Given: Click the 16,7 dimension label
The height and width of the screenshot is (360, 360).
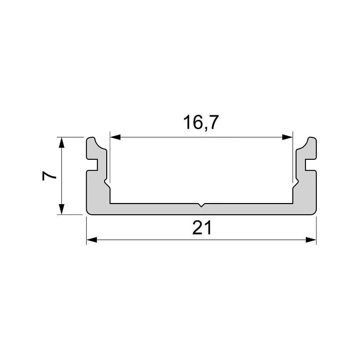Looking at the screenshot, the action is click(201, 123).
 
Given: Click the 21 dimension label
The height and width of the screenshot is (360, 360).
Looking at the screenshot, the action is click(202, 228).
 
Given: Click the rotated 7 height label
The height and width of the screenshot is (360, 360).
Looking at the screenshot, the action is click(49, 176).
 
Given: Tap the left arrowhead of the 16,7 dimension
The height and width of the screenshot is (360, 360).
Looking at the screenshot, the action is click(116, 137).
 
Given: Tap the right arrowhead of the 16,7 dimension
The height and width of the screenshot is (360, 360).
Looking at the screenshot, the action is click(287, 137).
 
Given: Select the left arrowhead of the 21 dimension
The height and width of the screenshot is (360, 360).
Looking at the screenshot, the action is click(91, 240).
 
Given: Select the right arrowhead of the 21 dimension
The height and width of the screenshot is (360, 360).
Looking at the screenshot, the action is click(311, 240).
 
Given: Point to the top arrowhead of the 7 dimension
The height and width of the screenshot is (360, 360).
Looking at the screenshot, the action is click(61, 142).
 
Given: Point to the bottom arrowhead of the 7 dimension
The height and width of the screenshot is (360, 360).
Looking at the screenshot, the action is click(61, 209).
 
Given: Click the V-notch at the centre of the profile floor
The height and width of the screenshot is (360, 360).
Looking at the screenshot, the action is click(201, 205).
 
